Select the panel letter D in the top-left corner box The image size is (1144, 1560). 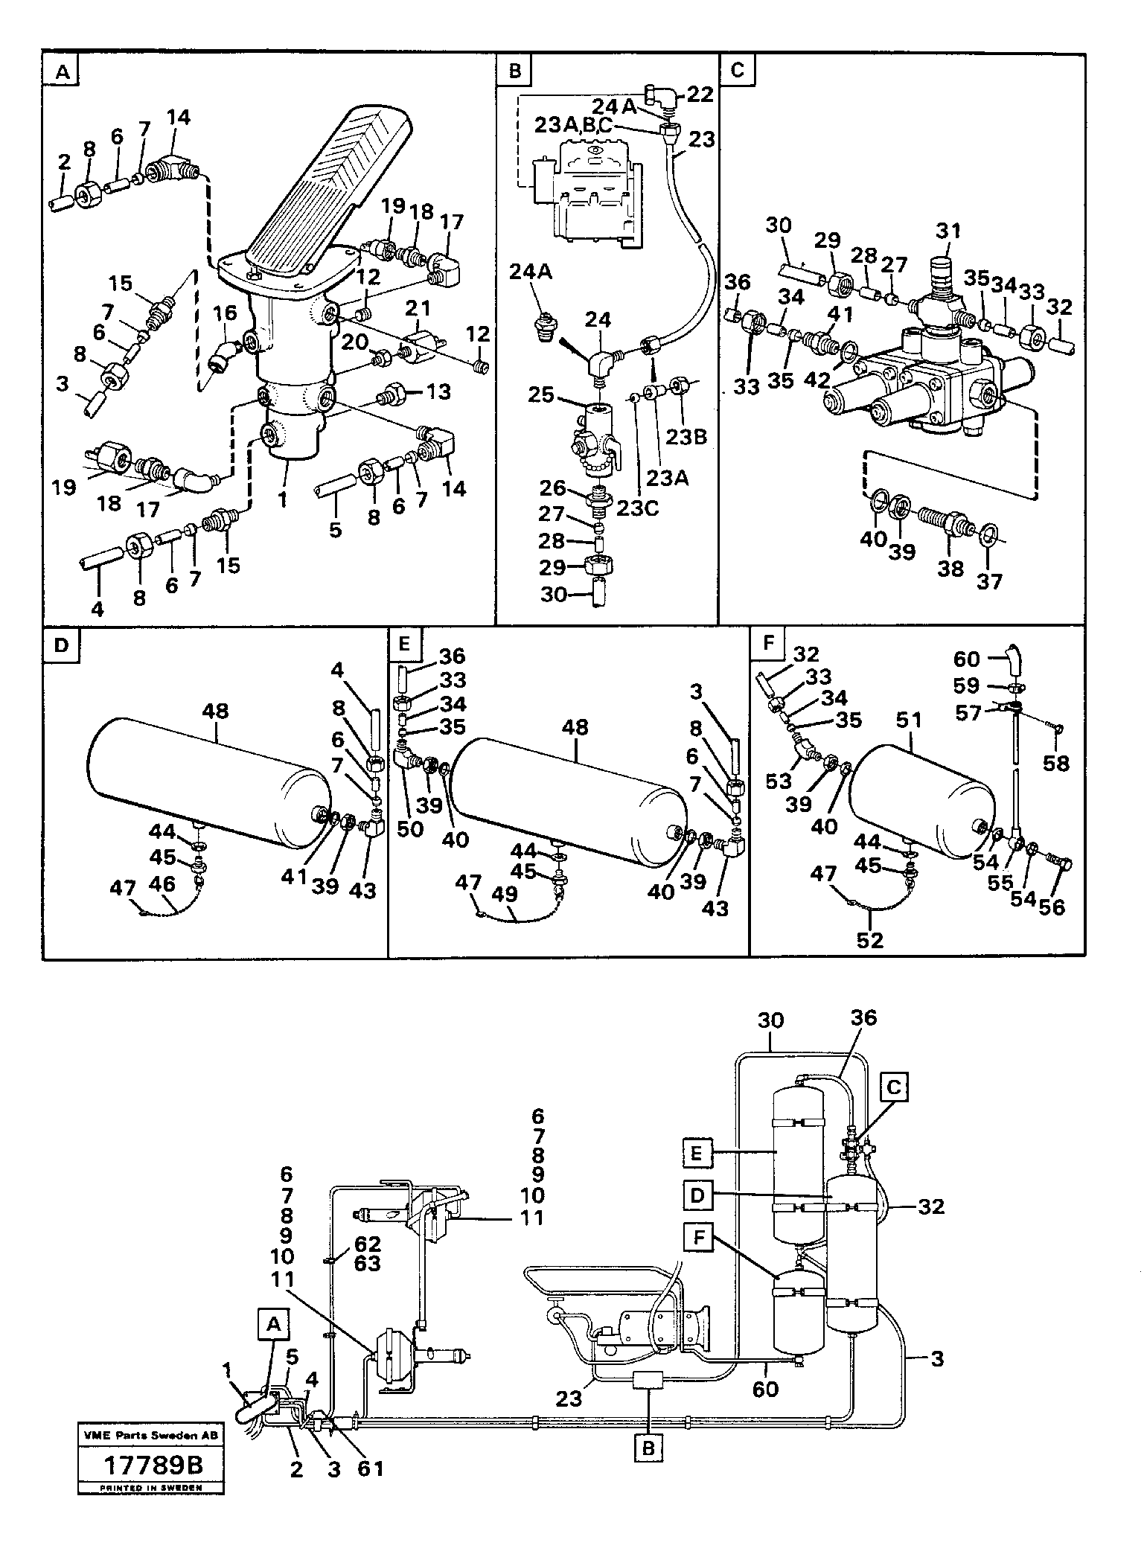tap(61, 645)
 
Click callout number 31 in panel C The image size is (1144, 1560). tap(949, 231)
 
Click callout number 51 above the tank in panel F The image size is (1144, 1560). tap(909, 720)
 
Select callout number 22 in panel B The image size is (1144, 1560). tap(700, 95)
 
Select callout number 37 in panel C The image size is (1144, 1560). tap(989, 581)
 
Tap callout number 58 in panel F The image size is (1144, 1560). tap(1055, 763)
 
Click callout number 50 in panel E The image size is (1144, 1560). tap(409, 828)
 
